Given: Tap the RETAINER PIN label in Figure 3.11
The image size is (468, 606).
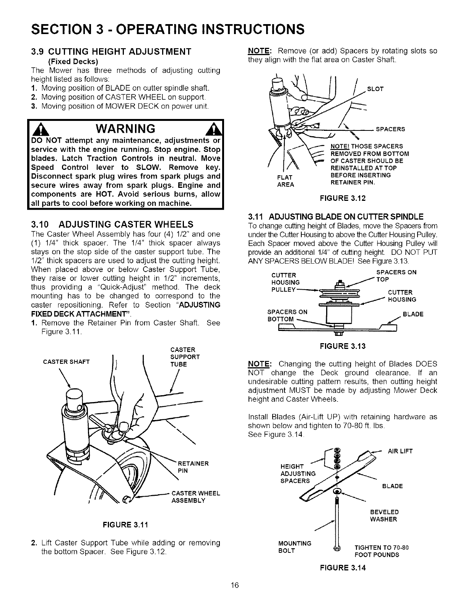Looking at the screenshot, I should pyautogui.click(x=193, y=467).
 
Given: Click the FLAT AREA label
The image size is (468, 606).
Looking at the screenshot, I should pyautogui.click(x=286, y=181).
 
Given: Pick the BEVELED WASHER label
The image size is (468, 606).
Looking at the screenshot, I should pyautogui.click(x=384, y=515).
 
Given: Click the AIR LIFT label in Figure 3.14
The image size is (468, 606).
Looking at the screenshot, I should pyautogui.click(x=400, y=451).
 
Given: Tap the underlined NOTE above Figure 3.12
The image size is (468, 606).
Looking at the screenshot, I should pyautogui.click(x=260, y=51).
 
